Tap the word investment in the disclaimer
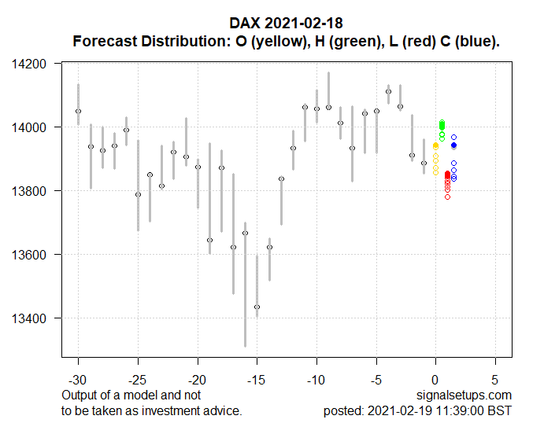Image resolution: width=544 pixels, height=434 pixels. pyautogui.click(x=169, y=411)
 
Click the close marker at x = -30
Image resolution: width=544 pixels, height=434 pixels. pyautogui.click(x=78, y=111)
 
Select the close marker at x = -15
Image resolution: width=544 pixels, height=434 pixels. pyautogui.click(x=257, y=307)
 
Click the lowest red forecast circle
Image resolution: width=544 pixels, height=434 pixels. pyautogui.click(x=447, y=197)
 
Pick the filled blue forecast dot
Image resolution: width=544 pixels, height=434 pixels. pyautogui.click(x=453, y=145)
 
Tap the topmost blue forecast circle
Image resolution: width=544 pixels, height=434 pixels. pyautogui.click(x=453, y=138)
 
